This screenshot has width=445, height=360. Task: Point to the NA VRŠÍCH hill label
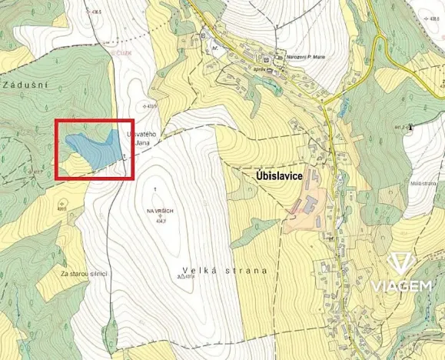[x=158, y=210]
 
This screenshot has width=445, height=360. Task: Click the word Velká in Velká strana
[x=197, y=271]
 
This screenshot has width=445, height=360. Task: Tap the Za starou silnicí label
[x=85, y=274]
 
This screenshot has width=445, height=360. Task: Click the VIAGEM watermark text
[x=400, y=286]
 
